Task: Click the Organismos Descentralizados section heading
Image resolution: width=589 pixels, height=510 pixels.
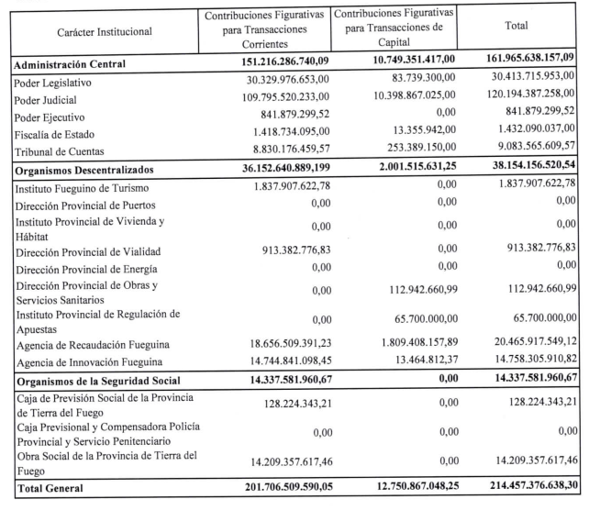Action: (92, 171)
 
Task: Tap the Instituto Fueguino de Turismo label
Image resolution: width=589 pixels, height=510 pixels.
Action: (81, 188)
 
